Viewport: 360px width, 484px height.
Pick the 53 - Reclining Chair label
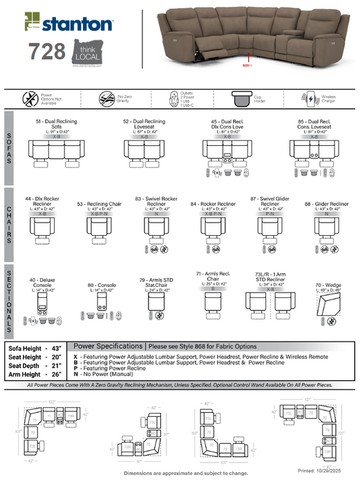click(98, 204)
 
